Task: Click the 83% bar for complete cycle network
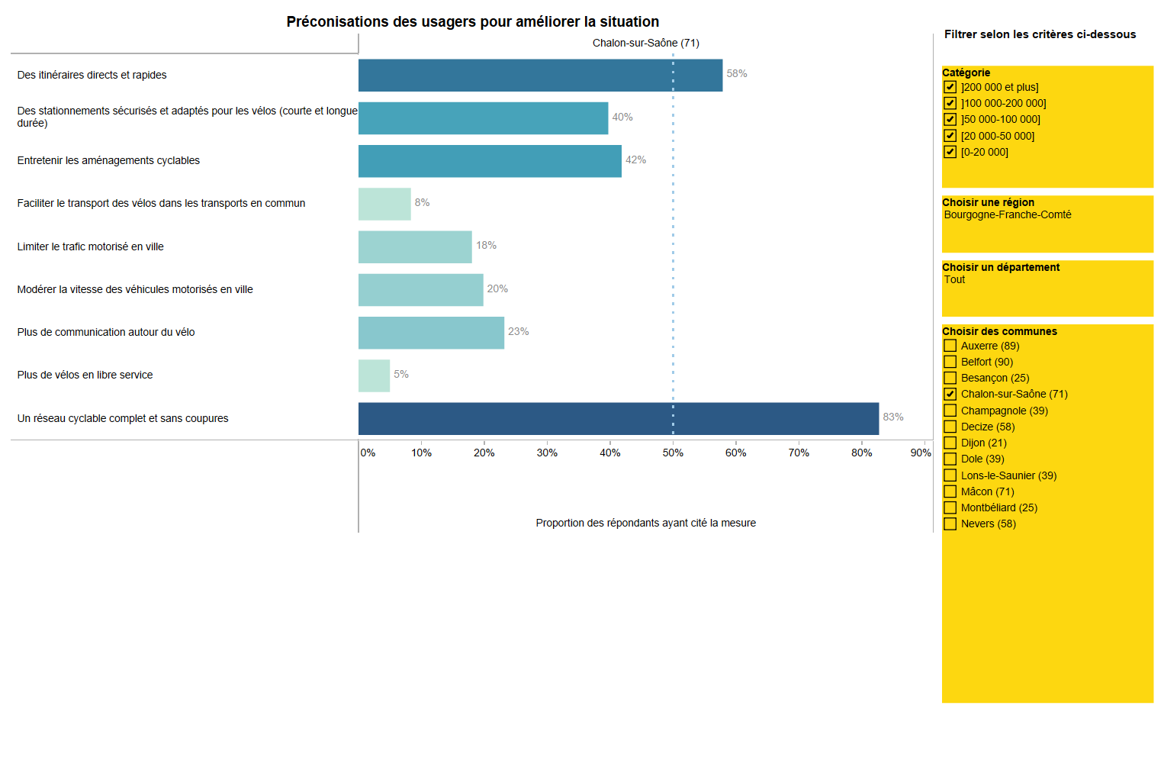point(618,418)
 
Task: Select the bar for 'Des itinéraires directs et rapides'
point(540,75)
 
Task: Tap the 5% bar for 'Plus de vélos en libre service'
point(374,375)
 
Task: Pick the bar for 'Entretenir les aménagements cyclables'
point(490,161)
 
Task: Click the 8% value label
point(422,202)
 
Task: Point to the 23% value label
point(518,331)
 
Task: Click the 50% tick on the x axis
point(673,453)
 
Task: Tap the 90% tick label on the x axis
point(920,453)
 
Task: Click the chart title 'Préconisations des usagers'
point(472,22)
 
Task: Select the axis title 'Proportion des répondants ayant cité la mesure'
point(645,523)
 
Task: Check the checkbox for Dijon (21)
point(950,443)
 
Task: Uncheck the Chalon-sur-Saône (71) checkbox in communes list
point(950,394)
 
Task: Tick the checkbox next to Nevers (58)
point(950,524)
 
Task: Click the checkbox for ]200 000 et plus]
point(950,87)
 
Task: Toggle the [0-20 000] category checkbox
point(950,152)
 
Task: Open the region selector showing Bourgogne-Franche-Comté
point(1007,215)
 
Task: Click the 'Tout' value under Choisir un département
point(954,280)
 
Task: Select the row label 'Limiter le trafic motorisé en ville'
point(91,246)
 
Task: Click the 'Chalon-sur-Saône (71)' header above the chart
point(645,43)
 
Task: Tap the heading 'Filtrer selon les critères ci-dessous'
point(1040,34)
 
